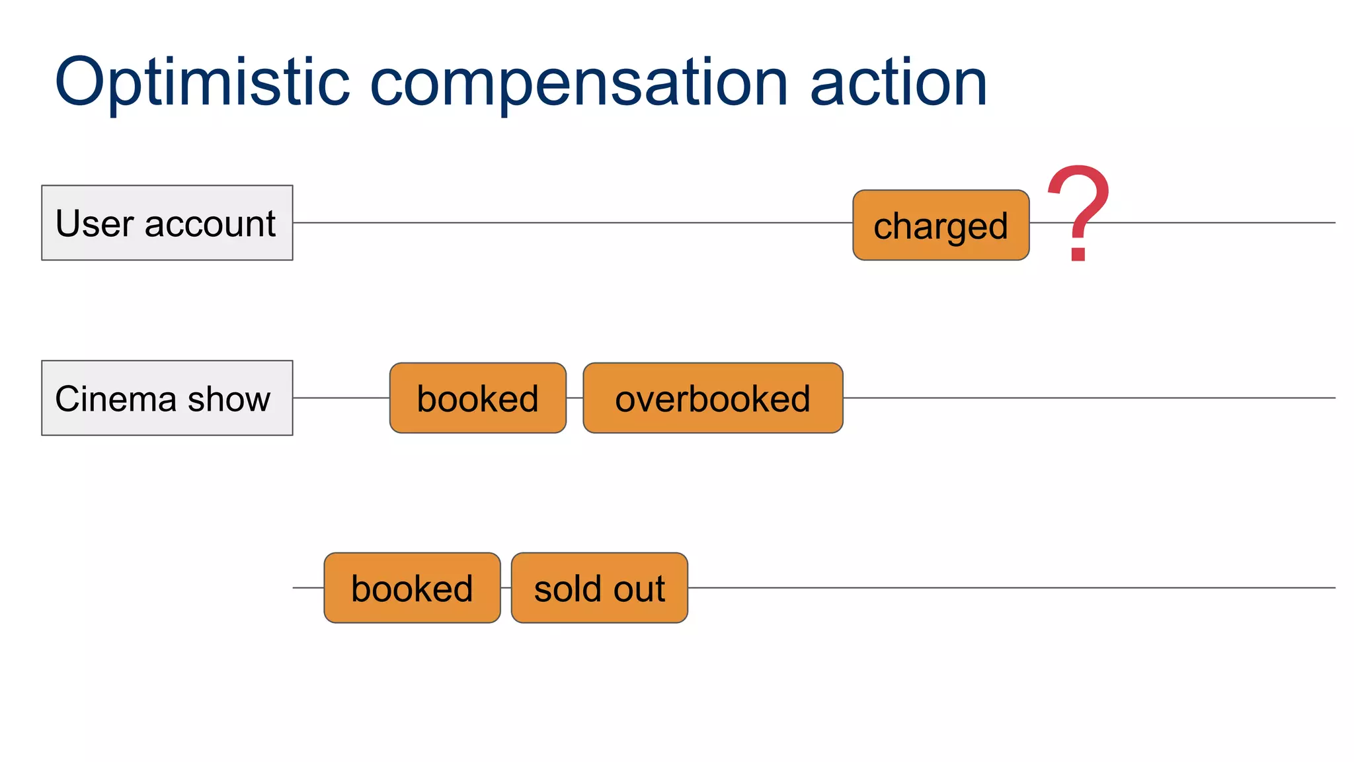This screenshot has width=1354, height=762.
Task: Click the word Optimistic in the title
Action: pos(202,83)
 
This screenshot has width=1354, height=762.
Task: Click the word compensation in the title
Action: pos(578,83)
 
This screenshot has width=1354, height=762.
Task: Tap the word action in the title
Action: pos(898,83)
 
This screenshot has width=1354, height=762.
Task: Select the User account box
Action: pos(167,223)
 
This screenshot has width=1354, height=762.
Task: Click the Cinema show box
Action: pos(167,398)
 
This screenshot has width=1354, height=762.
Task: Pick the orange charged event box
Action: pos(941,226)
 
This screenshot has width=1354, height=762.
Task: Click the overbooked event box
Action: pos(713,398)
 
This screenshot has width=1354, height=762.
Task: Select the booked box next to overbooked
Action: pos(477,398)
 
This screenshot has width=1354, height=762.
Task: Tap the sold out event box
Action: pos(600,588)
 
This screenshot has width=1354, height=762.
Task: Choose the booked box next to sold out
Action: pos(412,588)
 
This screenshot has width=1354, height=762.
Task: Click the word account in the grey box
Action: pos(210,224)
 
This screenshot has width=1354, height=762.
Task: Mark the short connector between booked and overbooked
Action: pos(575,398)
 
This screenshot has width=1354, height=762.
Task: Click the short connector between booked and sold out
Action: pos(506,588)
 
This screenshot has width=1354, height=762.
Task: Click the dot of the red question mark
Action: pos(1078,253)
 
